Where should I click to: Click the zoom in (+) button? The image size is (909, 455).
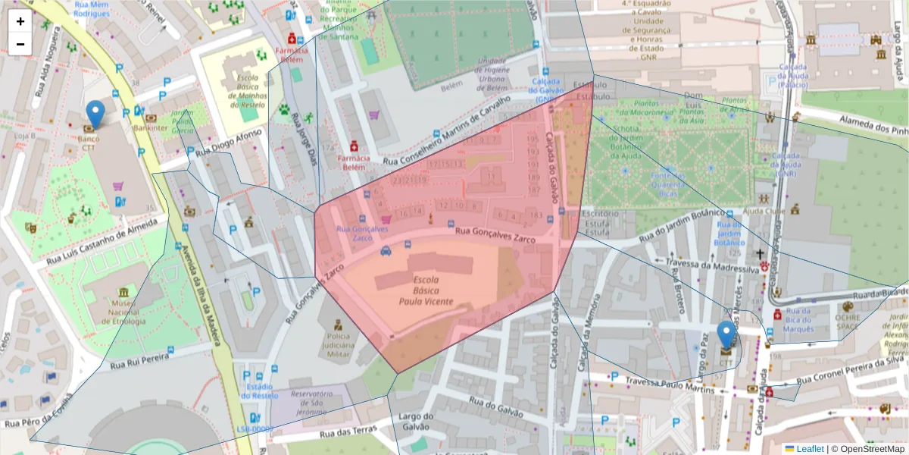tap(20, 21)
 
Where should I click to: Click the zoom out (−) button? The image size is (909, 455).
tap(20, 44)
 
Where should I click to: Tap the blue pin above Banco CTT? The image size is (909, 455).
tap(95, 115)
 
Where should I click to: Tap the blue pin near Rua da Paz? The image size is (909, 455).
tap(726, 335)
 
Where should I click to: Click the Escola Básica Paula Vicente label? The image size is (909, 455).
tap(426, 290)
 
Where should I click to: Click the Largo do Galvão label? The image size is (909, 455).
tap(415, 421)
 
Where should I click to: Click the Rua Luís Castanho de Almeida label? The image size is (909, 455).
tap(106, 242)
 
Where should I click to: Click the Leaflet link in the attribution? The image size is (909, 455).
tap(809, 449)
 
